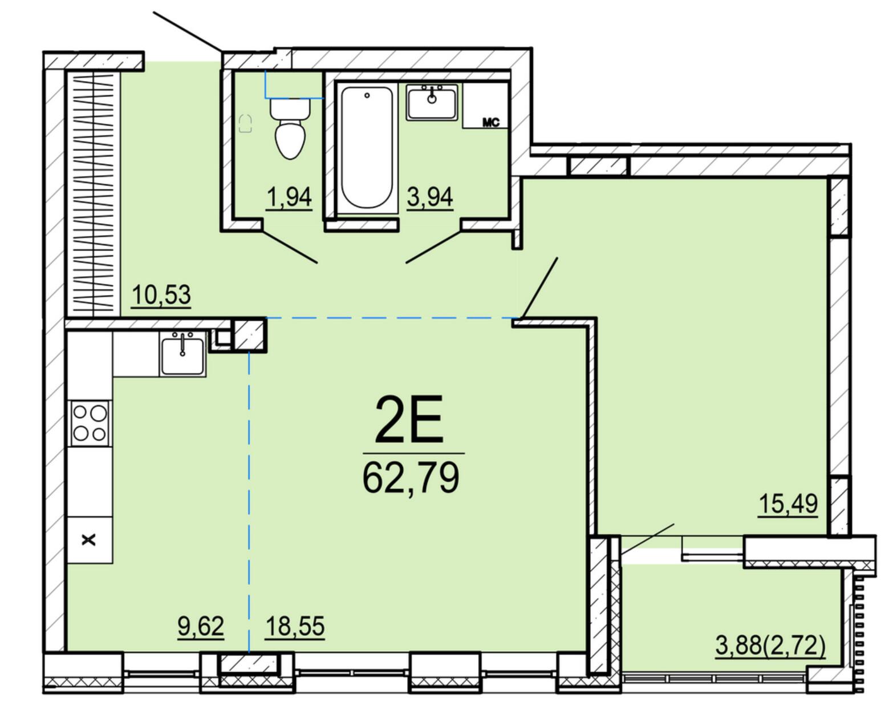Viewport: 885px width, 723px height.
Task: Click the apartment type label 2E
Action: [409, 419]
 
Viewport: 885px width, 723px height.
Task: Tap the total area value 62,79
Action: [411, 478]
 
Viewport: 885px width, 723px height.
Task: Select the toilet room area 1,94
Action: [289, 197]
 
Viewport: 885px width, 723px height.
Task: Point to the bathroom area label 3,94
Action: [430, 197]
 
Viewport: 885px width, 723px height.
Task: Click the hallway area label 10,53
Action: [161, 294]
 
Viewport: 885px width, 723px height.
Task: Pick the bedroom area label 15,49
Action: [787, 503]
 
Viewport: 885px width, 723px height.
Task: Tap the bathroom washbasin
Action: [432, 102]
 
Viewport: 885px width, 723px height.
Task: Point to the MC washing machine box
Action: [485, 105]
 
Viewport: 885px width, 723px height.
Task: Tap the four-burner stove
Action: [90, 423]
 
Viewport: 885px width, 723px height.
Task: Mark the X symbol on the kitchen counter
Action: [88, 539]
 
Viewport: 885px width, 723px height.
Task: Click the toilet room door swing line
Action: [290, 247]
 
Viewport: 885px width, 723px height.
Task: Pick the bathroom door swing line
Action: [433, 247]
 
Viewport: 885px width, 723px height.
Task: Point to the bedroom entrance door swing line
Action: [539, 288]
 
